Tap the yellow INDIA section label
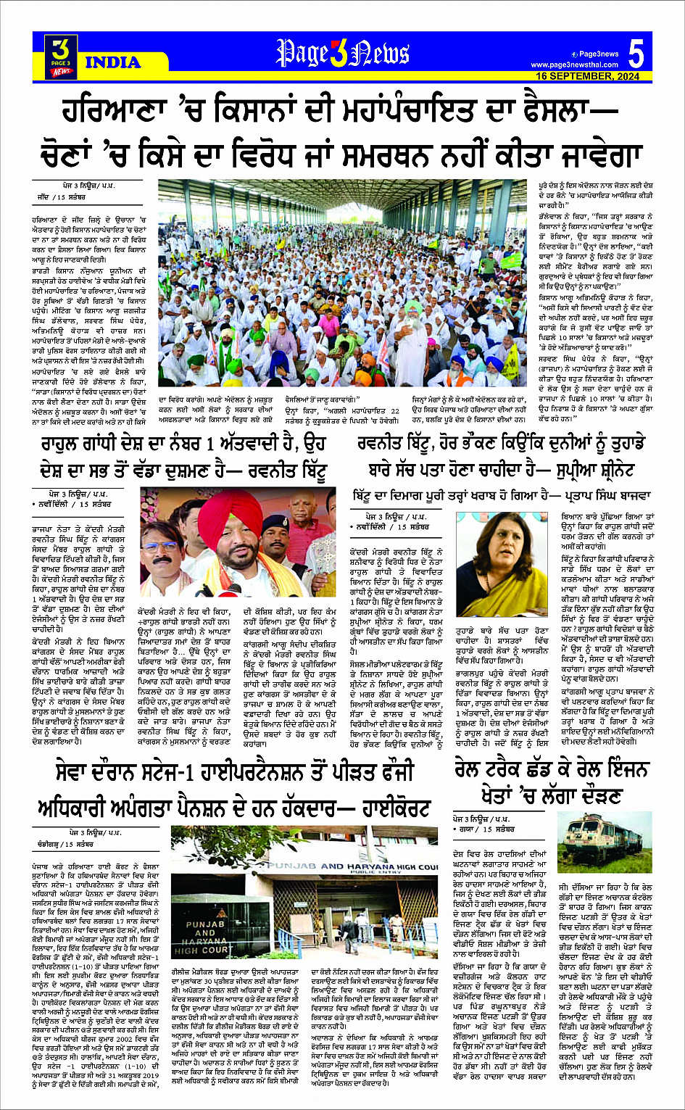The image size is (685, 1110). click(113, 62)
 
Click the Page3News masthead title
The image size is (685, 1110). click(343, 54)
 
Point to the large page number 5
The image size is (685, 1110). click(636, 54)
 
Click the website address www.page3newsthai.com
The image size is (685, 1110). click(575, 65)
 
